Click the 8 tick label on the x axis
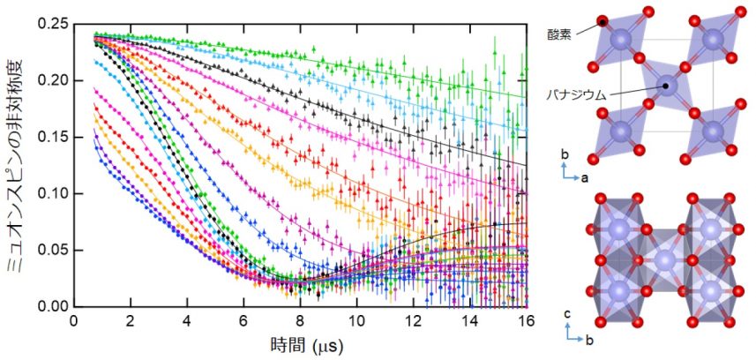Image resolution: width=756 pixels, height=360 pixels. click(x=301, y=321)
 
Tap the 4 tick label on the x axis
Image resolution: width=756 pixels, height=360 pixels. click(x=188, y=321)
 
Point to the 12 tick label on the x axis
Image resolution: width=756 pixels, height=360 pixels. click(x=414, y=321)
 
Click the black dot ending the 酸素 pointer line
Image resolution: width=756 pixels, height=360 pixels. click(x=603, y=21)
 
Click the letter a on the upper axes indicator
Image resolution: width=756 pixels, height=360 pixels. click(x=585, y=177)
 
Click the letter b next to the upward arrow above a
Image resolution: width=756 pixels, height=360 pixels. click(x=564, y=155)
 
